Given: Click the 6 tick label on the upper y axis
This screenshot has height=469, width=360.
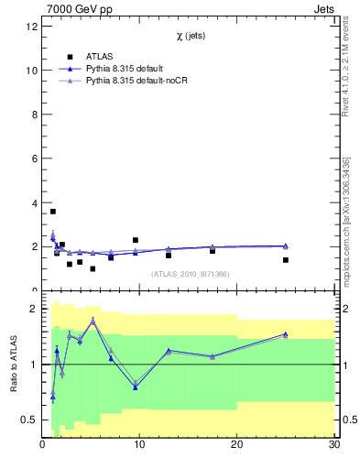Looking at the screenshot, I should (35, 158).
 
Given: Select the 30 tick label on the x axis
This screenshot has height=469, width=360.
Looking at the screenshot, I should (333, 445).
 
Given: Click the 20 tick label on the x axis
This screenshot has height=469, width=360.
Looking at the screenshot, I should (237, 445).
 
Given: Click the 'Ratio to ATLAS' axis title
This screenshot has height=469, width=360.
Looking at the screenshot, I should (13, 365).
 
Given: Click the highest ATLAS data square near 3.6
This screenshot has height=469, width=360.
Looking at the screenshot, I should (53, 212).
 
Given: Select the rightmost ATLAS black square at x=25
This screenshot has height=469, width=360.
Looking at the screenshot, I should (286, 260).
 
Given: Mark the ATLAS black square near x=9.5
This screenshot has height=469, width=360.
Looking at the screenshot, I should (136, 240).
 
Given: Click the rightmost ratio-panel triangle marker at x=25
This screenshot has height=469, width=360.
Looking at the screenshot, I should (286, 334).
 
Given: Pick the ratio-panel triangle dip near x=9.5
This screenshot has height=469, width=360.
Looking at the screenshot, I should (136, 387).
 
